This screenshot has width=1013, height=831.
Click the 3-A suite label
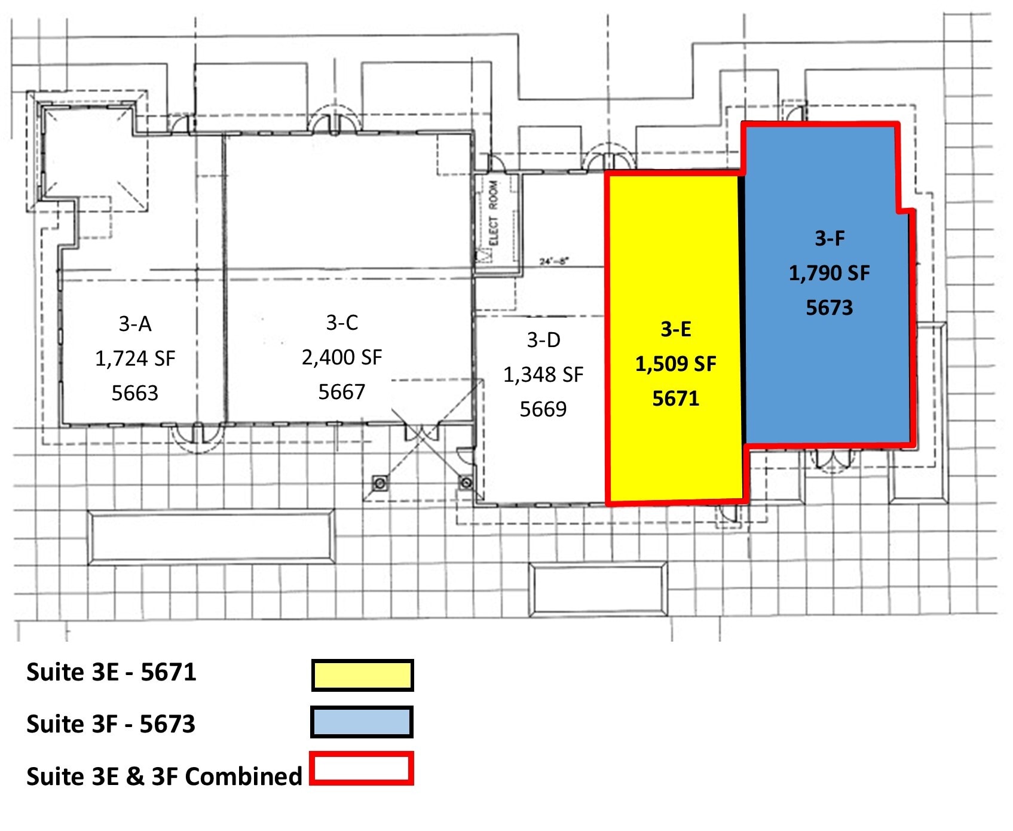tap(135, 324)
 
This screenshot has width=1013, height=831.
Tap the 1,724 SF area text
tap(135, 358)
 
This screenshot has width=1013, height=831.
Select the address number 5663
tap(135, 393)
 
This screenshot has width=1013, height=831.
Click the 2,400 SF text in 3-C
tap(341, 357)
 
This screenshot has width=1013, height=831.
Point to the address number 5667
tap(341, 392)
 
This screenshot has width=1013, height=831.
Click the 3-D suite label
tap(543, 340)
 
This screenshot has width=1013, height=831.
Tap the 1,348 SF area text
tap(543, 375)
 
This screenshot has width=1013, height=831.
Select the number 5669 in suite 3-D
tap(543, 409)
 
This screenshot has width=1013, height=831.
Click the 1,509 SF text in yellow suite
tap(675, 364)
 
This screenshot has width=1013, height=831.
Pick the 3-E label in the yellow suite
tap(675, 329)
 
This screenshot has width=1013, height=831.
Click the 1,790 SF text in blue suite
tap(829, 273)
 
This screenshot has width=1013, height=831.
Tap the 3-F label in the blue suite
tap(830, 238)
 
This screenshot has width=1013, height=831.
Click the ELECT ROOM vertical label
tap(493, 213)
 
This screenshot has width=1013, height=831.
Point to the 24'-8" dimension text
tap(554, 261)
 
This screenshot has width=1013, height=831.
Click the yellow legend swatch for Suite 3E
tap(362, 676)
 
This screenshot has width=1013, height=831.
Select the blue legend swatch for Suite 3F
tap(362, 722)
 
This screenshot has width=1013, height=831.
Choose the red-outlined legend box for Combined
tap(362, 768)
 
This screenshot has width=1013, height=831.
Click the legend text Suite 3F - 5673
tap(111, 724)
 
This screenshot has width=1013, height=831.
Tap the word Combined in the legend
tap(244, 777)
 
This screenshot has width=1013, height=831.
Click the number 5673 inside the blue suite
tap(829, 308)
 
